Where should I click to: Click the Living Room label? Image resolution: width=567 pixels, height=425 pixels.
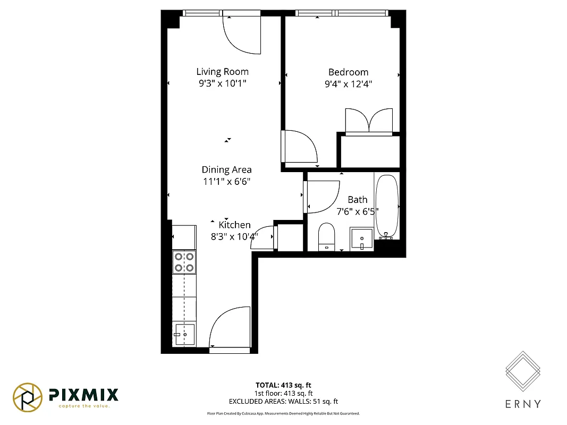222,72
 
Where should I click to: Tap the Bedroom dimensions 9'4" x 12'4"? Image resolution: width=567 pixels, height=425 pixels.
348,83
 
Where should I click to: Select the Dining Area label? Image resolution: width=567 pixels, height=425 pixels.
226,170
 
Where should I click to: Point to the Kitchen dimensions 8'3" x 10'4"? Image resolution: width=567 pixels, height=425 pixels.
234,236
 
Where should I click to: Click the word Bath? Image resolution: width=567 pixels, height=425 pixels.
357,200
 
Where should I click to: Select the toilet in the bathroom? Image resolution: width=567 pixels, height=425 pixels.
326,236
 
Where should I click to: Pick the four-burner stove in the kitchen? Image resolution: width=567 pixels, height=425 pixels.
183,262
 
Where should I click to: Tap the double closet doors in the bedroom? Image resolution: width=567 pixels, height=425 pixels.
369,120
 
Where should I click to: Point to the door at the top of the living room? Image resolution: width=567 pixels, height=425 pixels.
242,35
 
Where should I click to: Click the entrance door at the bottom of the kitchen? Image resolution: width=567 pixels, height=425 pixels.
230,329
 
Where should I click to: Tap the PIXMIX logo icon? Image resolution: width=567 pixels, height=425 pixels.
28,397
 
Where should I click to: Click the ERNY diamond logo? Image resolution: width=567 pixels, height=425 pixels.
522,370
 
